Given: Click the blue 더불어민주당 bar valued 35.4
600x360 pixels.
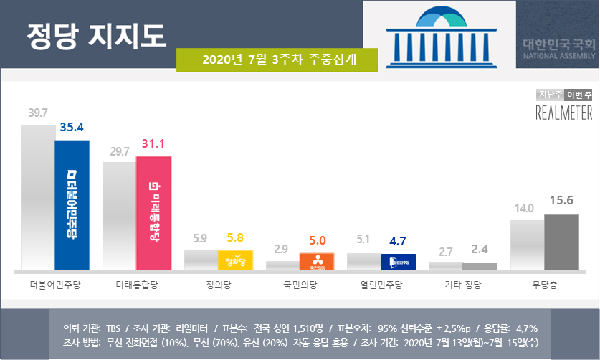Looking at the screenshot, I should coord(72,204).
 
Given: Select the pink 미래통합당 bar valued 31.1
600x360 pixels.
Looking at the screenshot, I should coord(153,212).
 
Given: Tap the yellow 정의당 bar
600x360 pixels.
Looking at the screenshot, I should coord(235,260).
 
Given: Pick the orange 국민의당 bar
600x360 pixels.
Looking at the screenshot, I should coord(316,262).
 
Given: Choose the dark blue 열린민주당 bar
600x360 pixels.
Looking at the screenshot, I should coord(399,262).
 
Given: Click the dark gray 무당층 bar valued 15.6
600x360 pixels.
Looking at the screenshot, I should coord(561,242).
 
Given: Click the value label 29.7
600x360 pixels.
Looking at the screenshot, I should coord(118,151).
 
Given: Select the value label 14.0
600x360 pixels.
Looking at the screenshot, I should coord(525,209).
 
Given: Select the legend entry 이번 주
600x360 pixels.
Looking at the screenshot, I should coord(578,95).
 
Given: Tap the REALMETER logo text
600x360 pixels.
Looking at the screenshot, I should coord(564,113).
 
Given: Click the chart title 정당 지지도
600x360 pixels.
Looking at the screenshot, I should coord(95,33).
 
